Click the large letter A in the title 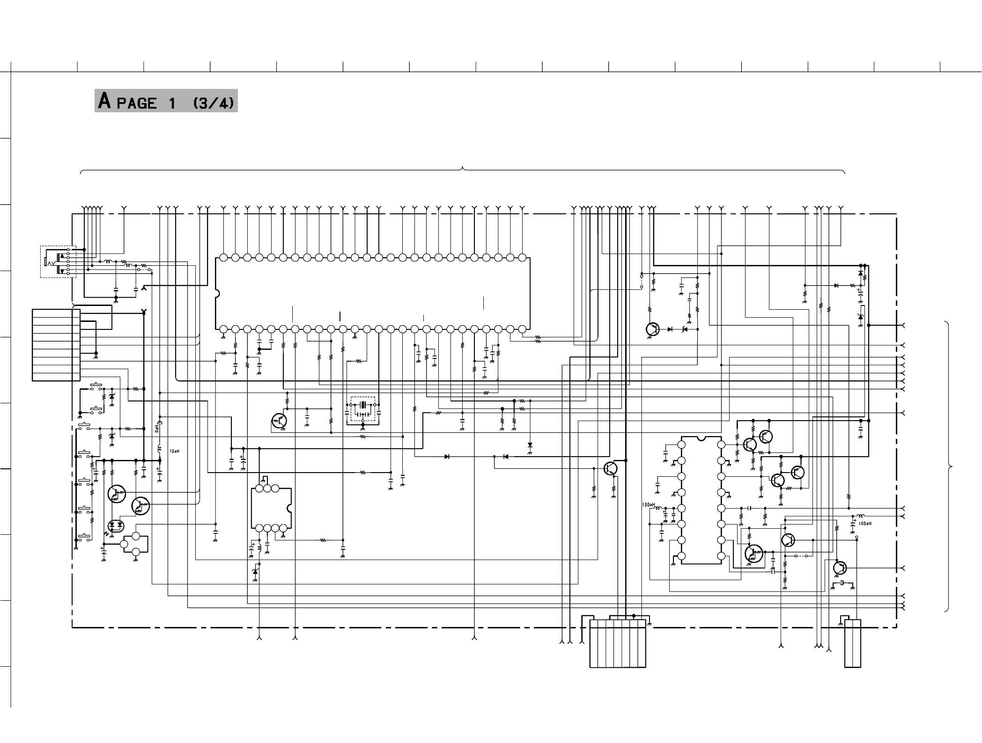coord(104,101)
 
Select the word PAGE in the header coord(137,103)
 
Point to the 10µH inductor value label coord(174,451)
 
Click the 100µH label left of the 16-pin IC coord(648,505)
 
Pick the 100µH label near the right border coord(865,524)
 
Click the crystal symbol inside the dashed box coord(363,404)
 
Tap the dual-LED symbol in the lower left coord(115,525)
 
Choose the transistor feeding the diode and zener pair coord(652,329)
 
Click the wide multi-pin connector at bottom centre coord(618,644)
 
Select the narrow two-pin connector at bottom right coord(853,643)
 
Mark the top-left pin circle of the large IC coord(223,258)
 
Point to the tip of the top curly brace coord(463,168)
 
